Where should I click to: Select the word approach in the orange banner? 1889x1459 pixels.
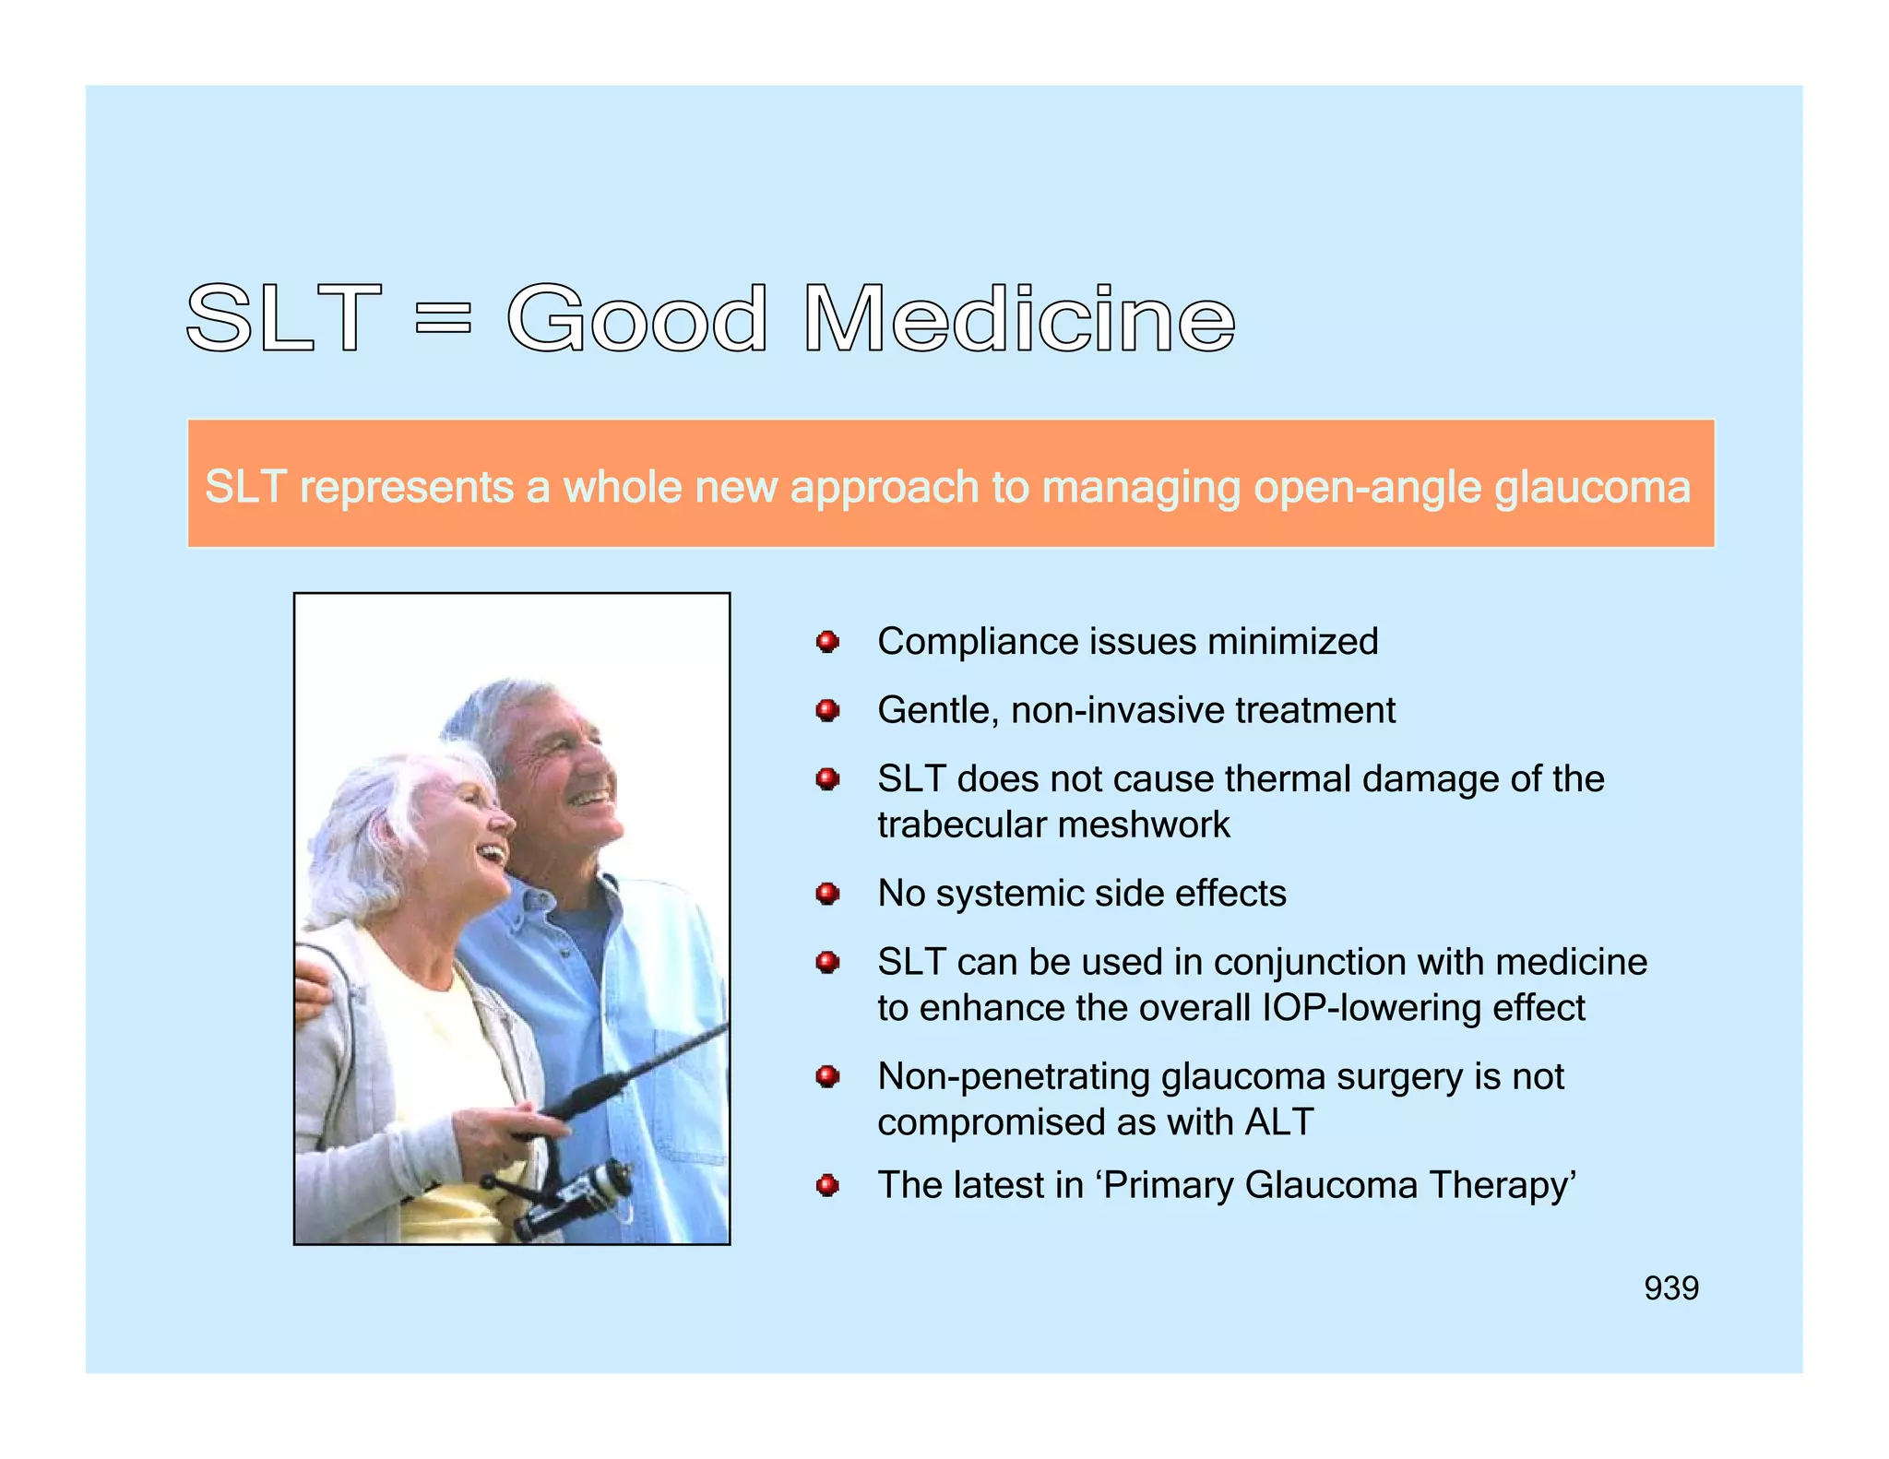pyautogui.click(x=884, y=487)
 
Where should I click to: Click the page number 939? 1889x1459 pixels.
pyautogui.click(x=1670, y=1287)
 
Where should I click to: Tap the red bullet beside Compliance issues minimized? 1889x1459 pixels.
pyautogui.click(x=827, y=641)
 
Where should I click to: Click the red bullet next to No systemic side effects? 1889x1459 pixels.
pyautogui.click(x=827, y=893)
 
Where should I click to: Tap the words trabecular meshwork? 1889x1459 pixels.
pyautogui.click(x=1053, y=824)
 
